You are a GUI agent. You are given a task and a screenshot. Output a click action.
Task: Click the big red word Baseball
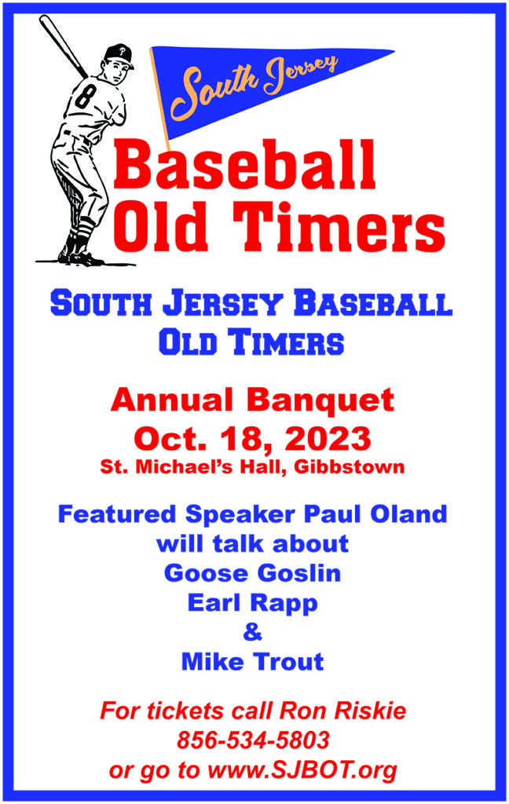[244, 165]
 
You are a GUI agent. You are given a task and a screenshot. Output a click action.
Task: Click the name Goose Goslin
[252, 572]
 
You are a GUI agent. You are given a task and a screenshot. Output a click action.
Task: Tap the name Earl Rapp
[252, 604]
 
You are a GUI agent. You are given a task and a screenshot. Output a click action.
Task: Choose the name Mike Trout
[252, 661]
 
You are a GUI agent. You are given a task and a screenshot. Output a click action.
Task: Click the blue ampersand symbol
[252, 632]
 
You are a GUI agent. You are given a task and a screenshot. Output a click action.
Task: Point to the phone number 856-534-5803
[253, 740]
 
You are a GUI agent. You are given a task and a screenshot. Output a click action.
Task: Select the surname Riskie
[370, 711]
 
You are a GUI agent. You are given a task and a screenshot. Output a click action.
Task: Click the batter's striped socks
[82, 229]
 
